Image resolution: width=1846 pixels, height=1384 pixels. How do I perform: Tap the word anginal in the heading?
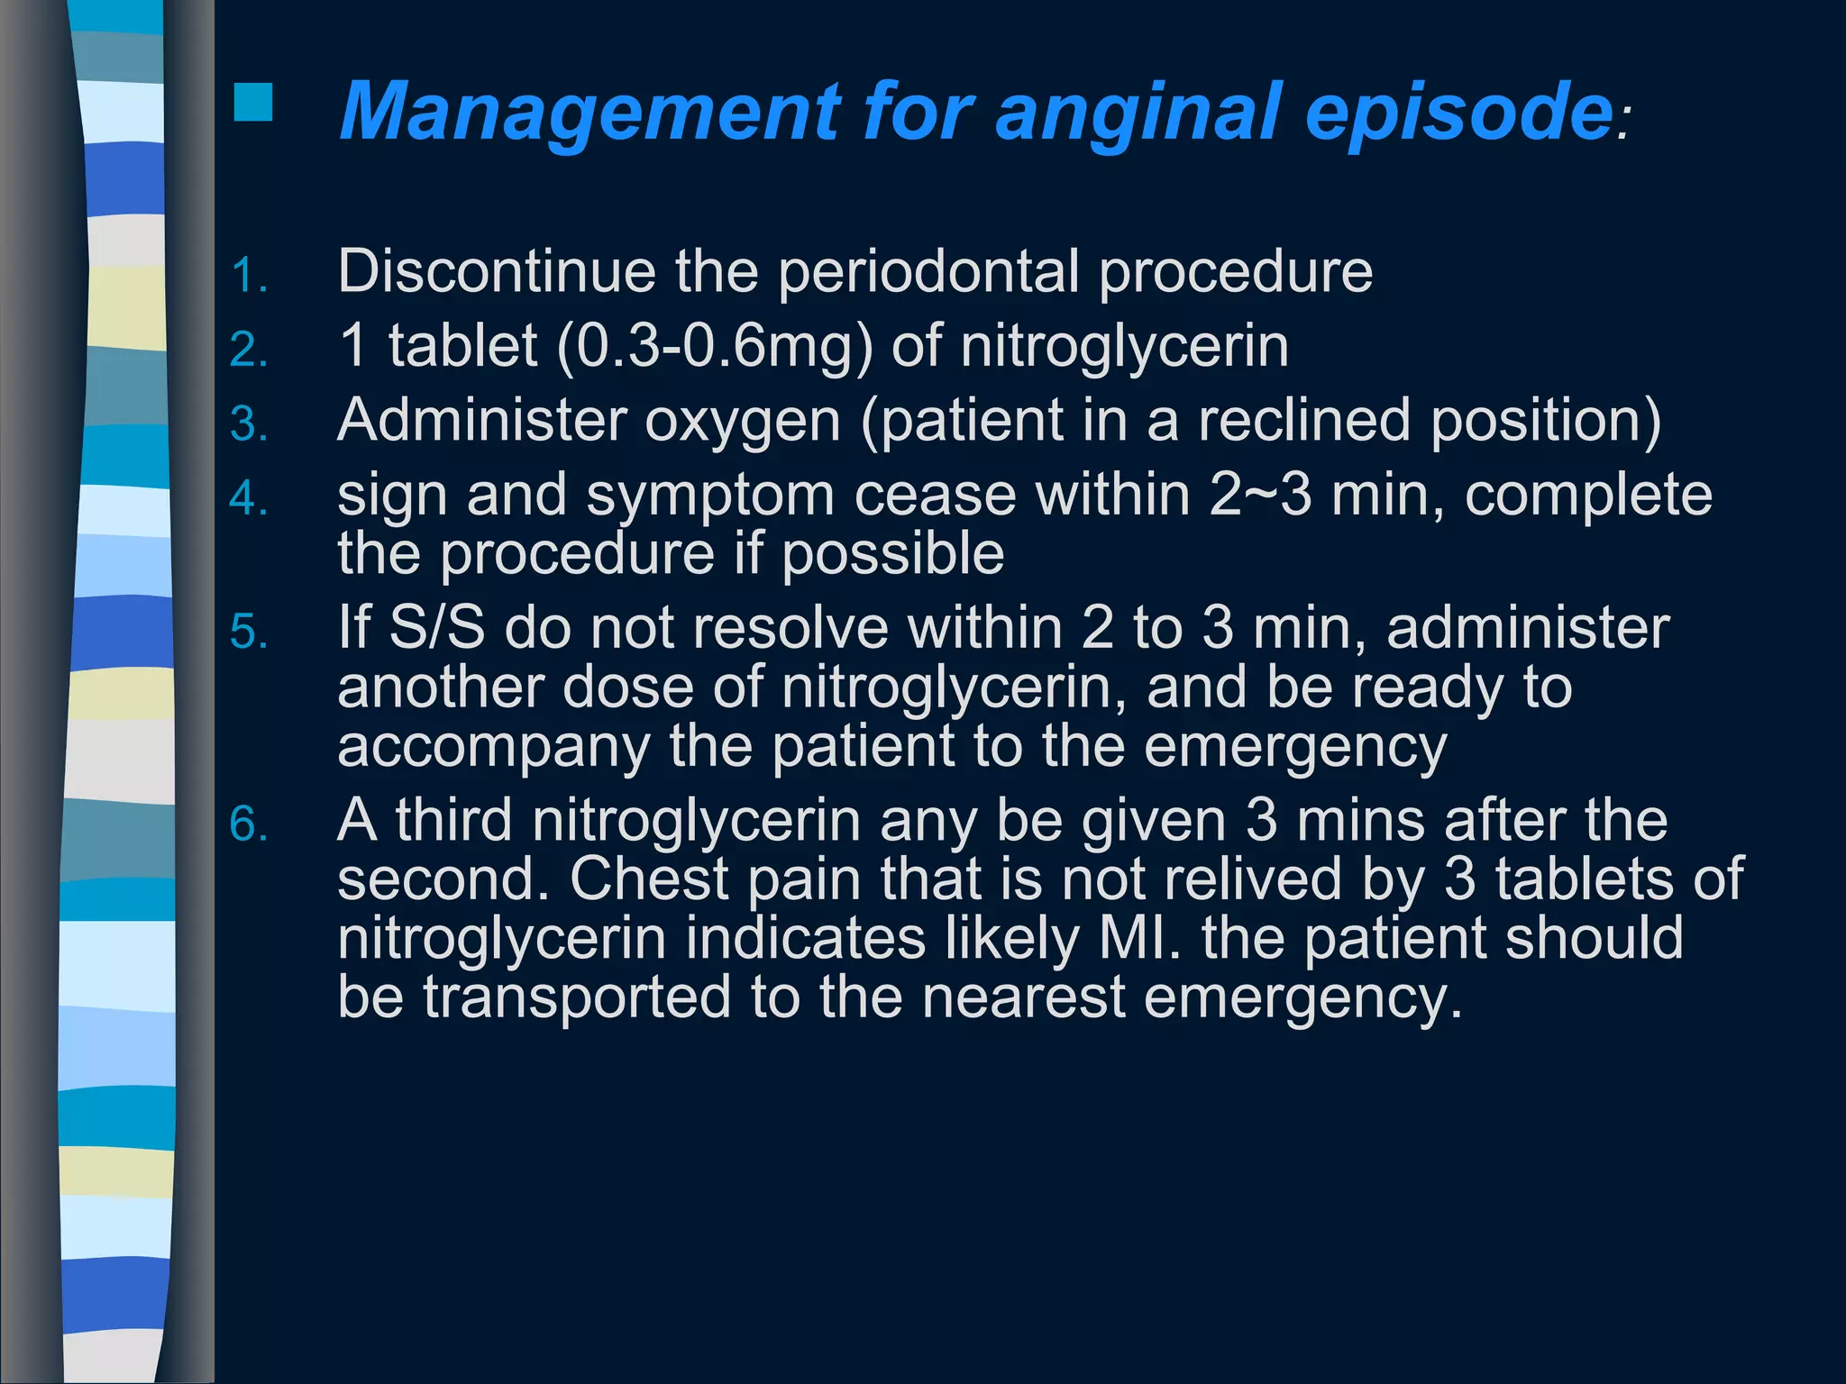[x=1138, y=113]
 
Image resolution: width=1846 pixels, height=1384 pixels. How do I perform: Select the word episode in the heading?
[x=1458, y=113]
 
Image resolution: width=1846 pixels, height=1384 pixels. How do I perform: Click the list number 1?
[x=248, y=275]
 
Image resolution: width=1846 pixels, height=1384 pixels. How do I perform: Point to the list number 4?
[x=248, y=498]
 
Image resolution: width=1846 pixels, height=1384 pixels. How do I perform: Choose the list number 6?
[x=248, y=824]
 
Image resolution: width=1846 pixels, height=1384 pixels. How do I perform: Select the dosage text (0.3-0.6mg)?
[x=715, y=347]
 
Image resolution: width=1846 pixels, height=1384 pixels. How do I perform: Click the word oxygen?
[x=742, y=422]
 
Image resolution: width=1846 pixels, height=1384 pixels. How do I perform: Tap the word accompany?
[x=493, y=748]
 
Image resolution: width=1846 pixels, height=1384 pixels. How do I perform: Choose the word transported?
[x=577, y=997]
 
